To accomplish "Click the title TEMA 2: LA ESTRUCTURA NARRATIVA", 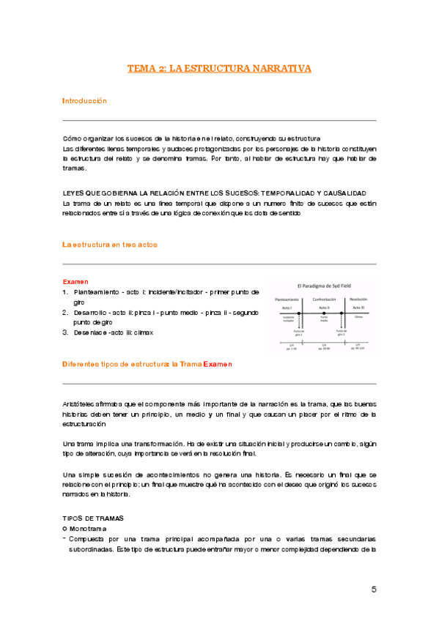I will (x=219, y=68).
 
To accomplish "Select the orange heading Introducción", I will (x=84, y=100).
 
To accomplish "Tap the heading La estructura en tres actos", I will (x=109, y=244).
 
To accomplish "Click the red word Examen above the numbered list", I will (x=75, y=280).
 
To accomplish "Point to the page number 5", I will (x=374, y=590).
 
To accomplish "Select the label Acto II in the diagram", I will (x=323, y=308).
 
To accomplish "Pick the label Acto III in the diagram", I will (x=358, y=308).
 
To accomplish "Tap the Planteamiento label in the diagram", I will (x=287, y=300).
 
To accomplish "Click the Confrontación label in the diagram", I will (x=323, y=300).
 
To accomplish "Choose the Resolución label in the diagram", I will (x=358, y=300).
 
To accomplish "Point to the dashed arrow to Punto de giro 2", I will (x=342, y=323).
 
